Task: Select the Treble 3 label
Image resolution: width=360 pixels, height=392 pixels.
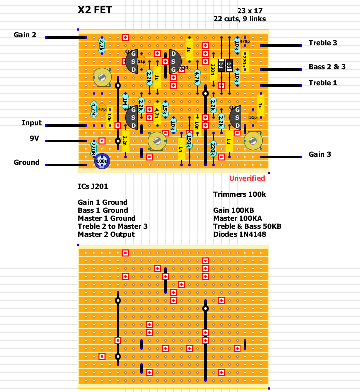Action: [323, 43]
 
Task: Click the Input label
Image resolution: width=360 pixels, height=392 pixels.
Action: [32, 123]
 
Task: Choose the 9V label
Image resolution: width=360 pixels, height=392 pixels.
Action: [34, 139]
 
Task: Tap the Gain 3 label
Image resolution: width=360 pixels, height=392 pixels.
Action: [320, 154]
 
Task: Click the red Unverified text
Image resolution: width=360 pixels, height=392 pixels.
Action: [247, 178]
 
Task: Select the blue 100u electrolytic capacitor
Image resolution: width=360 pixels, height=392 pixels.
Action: [102, 161]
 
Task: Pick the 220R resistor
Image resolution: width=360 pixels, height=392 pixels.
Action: [93, 148]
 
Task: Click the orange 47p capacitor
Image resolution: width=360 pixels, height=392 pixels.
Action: [102, 109]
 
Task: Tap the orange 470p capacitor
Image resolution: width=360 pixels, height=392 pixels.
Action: [245, 41]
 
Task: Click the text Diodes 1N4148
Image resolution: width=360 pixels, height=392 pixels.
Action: [240, 234]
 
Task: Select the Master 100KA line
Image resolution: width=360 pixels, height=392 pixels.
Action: [238, 218]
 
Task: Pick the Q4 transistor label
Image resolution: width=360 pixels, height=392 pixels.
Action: [185, 68]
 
